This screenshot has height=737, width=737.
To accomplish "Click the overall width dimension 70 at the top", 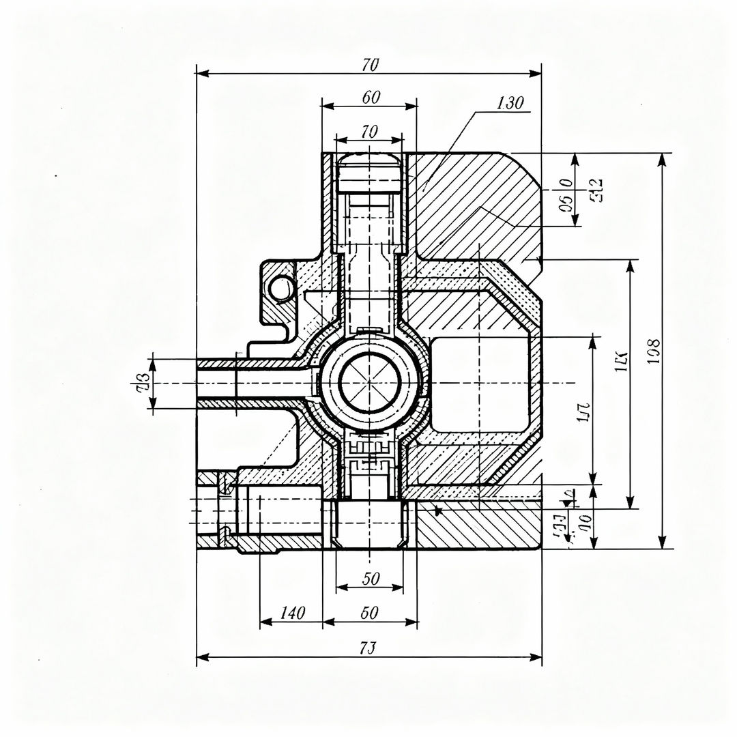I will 370,66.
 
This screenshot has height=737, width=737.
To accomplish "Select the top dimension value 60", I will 371,98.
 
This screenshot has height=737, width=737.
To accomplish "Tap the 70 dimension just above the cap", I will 369,132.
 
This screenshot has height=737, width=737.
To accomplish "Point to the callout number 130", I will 510,104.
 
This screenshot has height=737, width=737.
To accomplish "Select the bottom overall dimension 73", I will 369,648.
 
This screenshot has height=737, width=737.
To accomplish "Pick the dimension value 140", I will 292,613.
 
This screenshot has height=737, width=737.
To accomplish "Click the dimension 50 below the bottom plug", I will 371,579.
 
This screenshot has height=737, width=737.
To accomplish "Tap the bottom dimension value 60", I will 369,613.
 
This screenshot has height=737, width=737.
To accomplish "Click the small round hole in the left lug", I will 280,289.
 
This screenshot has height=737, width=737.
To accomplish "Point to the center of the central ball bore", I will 369,383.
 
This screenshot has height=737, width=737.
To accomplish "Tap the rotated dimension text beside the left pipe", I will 143,383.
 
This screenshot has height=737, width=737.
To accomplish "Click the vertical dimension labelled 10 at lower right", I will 584,524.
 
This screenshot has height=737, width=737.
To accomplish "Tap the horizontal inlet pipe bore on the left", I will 259,383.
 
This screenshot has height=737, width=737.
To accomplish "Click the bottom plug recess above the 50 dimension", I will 369,521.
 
